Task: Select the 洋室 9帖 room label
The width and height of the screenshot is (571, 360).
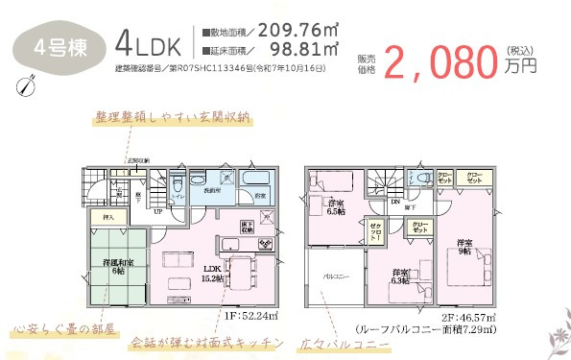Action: (x=464, y=246)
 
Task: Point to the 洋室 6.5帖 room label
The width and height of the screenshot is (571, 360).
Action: (x=335, y=209)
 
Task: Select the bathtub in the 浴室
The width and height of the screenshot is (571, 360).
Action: (x=255, y=180)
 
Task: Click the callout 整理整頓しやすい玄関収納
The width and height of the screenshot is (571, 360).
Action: (x=172, y=118)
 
